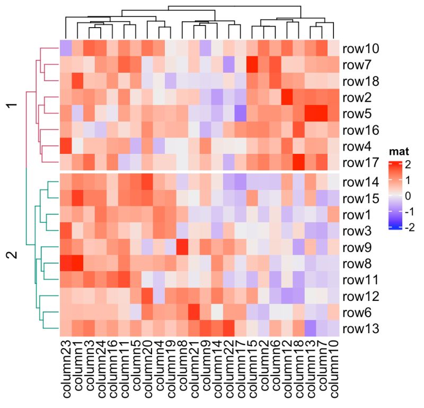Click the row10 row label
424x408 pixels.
(x=361, y=49)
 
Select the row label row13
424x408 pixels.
(x=361, y=329)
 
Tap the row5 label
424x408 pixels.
(x=358, y=114)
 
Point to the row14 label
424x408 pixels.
(x=361, y=183)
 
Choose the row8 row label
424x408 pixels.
(x=358, y=264)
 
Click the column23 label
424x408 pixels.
(x=66, y=371)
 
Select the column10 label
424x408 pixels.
(x=334, y=371)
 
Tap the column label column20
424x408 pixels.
(x=147, y=371)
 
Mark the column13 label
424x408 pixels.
(x=311, y=371)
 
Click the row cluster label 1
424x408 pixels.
(x=14, y=106)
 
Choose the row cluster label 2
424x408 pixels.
(x=14, y=255)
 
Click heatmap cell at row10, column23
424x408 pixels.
(x=65, y=49)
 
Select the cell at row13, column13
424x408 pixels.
(x=311, y=329)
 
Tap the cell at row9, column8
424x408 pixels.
(x=182, y=247)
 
